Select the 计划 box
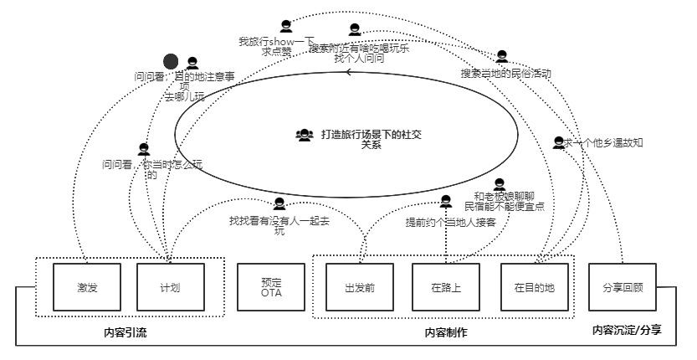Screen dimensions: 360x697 170,287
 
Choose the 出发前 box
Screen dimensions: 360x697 359,287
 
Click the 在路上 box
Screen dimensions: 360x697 446,287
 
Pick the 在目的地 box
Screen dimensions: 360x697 534,287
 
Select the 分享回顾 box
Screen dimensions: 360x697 623,287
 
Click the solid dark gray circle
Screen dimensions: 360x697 171,61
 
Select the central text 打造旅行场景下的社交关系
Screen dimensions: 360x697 370,138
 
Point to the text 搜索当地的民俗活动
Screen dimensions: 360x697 505,74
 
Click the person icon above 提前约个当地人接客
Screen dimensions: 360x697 446,202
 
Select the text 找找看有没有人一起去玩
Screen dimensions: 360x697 279,225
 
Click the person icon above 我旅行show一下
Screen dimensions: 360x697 286,26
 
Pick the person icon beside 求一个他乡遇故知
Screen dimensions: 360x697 558,143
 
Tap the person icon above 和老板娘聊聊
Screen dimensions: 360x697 500,185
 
